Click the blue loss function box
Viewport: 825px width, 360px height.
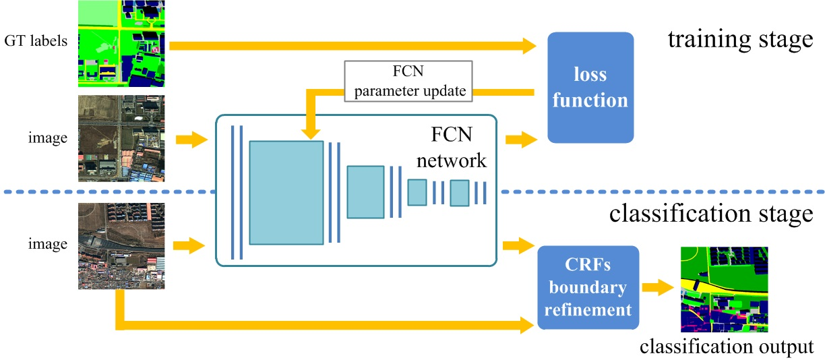(x=590, y=88)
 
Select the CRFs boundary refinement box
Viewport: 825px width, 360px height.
(x=588, y=287)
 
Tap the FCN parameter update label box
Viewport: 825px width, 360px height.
(x=408, y=81)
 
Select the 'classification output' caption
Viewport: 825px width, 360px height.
(x=727, y=347)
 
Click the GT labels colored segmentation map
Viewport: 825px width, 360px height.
(x=121, y=44)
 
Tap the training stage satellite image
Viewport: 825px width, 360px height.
(x=121, y=138)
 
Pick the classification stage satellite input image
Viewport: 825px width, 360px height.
(x=121, y=246)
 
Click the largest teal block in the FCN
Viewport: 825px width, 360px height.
(x=286, y=192)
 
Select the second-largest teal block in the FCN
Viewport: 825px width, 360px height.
(x=365, y=191)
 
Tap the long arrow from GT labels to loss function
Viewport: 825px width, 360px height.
(x=350, y=46)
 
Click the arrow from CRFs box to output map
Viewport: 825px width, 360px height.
(x=658, y=288)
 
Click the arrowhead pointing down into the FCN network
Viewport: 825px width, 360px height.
(x=311, y=133)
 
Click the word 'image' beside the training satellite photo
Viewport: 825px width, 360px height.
(x=48, y=138)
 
